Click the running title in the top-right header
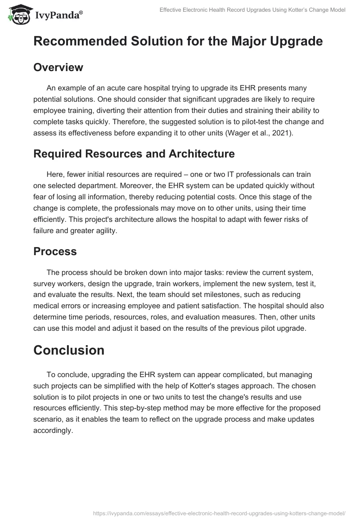252,10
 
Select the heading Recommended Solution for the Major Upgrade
178,41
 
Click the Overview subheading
58,67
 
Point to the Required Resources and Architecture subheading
134,154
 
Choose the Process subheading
55,252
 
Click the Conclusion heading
69,350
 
